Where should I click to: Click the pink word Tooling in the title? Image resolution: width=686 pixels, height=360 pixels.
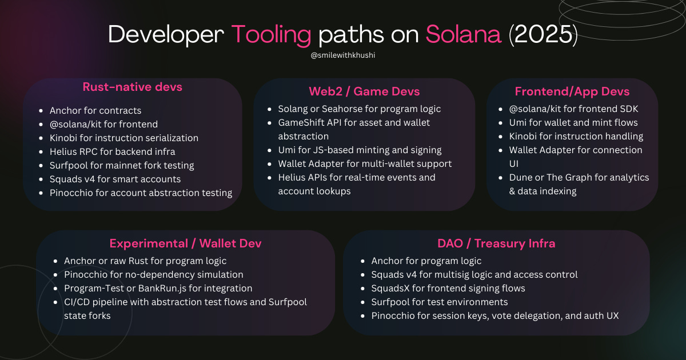coord(271,35)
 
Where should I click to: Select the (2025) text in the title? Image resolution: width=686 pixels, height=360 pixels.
coord(543,35)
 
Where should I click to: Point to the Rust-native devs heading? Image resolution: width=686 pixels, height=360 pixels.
coord(133,87)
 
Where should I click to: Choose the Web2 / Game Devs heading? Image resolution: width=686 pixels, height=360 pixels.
coord(364,91)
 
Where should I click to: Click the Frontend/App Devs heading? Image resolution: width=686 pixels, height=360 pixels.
coord(572,91)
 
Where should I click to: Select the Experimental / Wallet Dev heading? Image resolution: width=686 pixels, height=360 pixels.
coord(185,243)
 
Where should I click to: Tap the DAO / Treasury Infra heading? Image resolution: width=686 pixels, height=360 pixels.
coord(496,243)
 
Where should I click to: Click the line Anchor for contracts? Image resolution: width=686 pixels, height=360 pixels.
coord(95,110)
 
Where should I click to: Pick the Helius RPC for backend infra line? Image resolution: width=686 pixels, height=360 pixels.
coord(112,151)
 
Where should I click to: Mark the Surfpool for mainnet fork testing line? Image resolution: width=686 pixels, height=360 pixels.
coord(122,165)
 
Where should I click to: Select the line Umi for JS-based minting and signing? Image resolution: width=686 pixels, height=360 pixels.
coord(360,150)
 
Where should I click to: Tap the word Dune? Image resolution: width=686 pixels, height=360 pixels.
coord(521,177)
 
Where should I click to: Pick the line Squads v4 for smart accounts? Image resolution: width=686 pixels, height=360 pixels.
coord(115,179)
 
